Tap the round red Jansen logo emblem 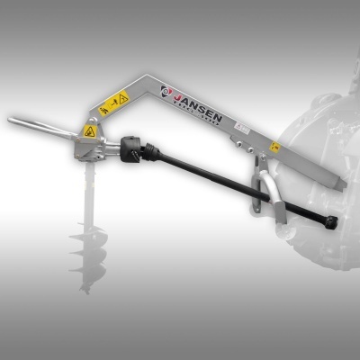(x=167, y=90)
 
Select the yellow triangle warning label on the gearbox (x=90, y=131)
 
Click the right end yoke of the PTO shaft (x=331, y=221)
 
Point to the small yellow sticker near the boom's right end (x=275, y=148)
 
